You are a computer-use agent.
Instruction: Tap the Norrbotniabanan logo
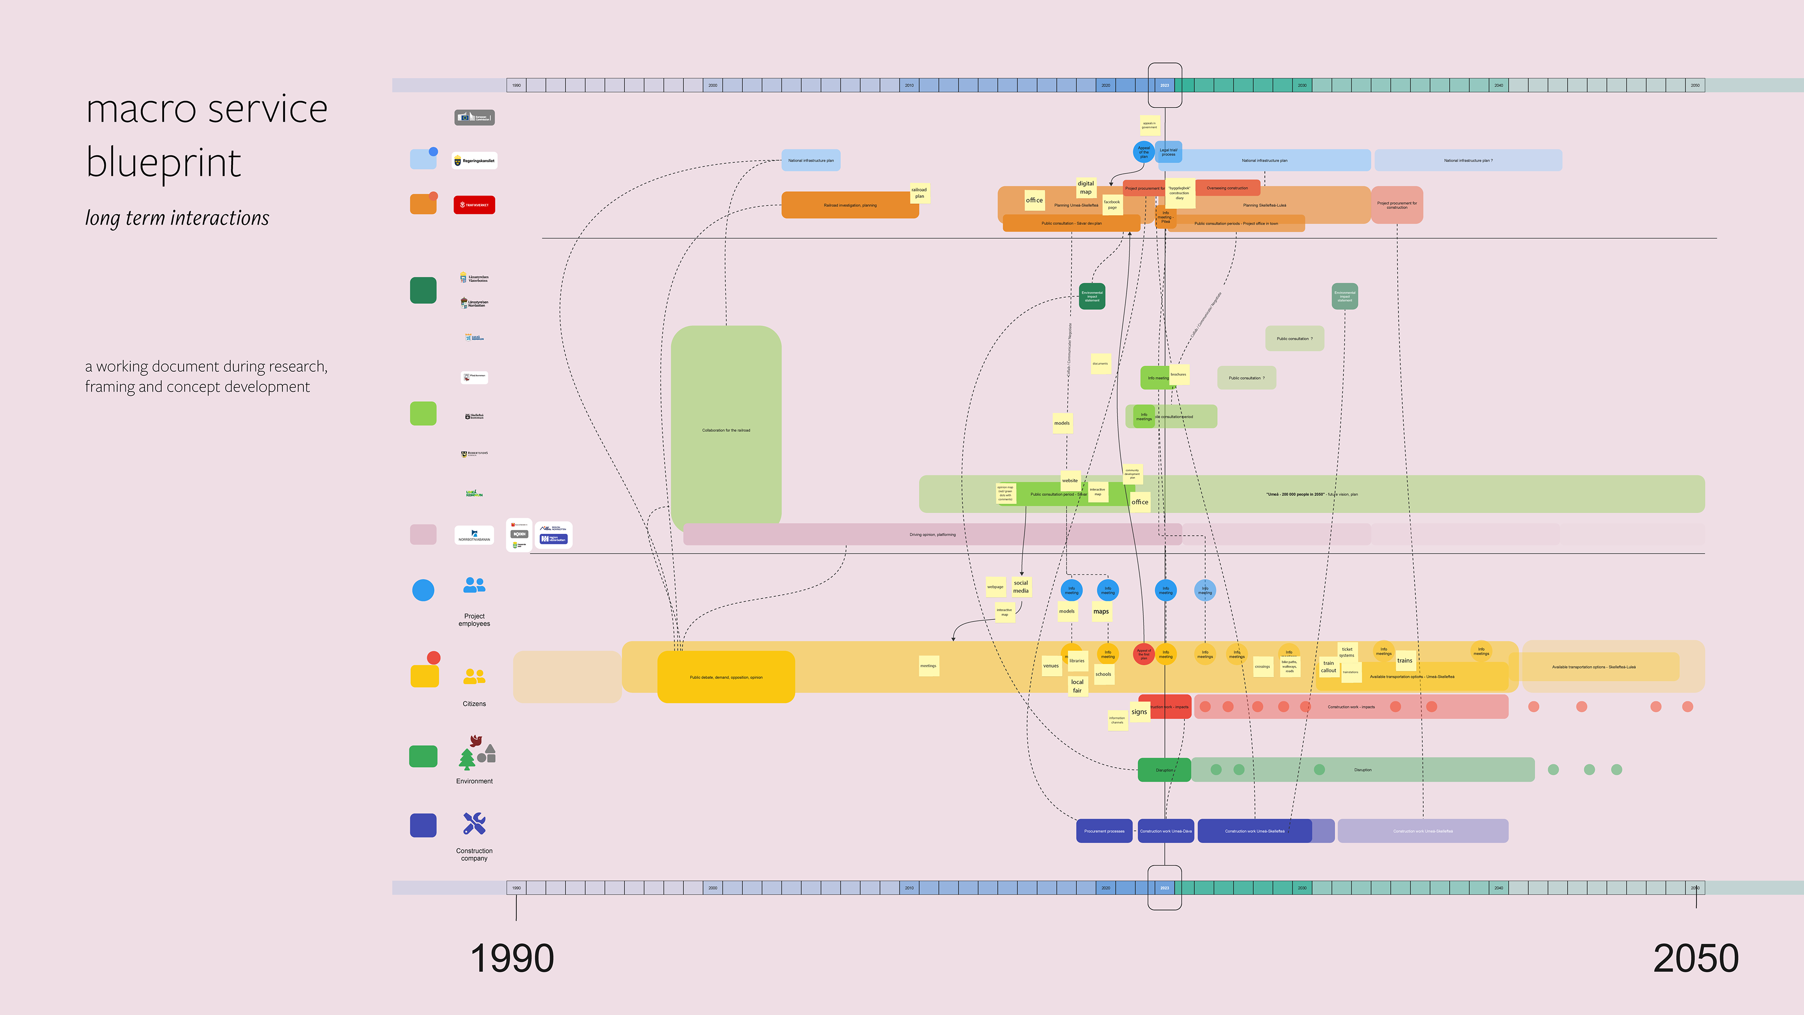pos(474,535)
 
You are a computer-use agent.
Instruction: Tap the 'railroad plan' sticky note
pos(919,193)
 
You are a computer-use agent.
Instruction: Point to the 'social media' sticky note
pos(1021,586)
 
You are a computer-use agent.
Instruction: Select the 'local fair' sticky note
pos(1077,686)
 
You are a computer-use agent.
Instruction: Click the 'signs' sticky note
pos(1139,712)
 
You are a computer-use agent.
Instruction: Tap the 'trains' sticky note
pos(1405,660)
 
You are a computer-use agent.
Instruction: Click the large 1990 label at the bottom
pos(512,958)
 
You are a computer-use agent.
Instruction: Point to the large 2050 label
pos(1695,958)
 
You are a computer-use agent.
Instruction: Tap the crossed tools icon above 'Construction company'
pos(474,823)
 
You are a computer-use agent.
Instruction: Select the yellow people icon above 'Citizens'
pos(474,676)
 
